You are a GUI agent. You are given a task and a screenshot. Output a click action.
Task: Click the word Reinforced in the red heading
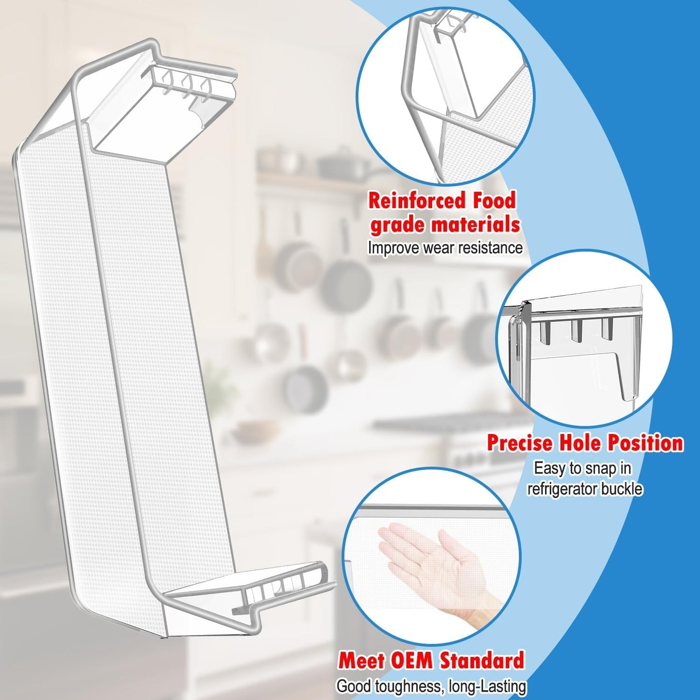pyautogui.click(x=416, y=201)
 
